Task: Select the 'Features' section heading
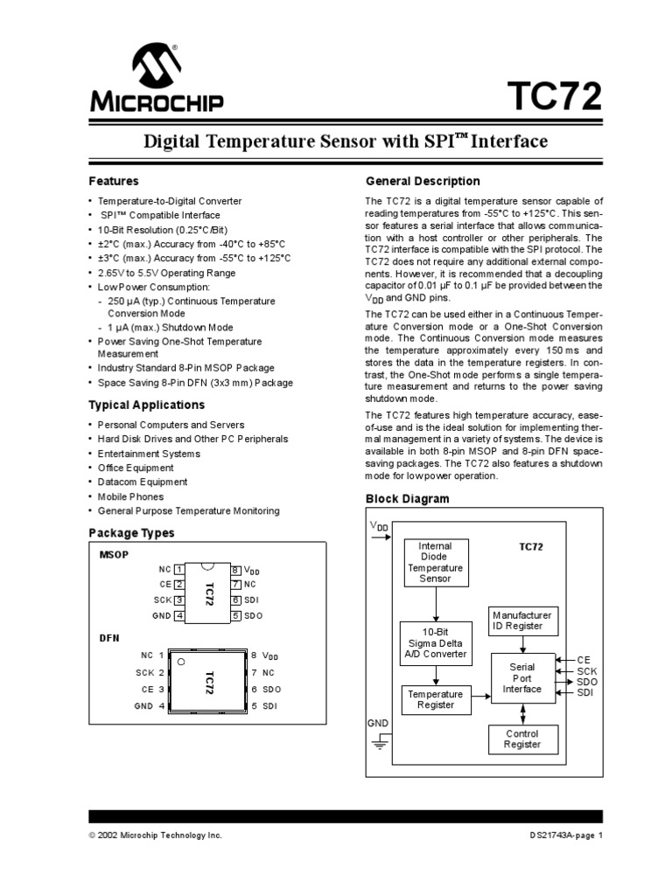pos(114,181)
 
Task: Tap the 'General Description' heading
pos(422,181)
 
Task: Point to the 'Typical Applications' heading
pos(146,405)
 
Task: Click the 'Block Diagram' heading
pos(406,499)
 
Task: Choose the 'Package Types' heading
pos(131,532)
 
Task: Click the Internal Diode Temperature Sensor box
pos(436,562)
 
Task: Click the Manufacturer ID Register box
pos(522,621)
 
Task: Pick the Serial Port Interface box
pos(521,677)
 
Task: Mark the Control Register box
pos(521,739)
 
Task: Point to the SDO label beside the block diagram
pos(587,682)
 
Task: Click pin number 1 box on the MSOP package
pos(179,569)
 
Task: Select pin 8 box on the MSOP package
pos(235,569)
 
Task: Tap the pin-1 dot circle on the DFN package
pos(180,662)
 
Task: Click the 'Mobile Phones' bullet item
pos(131,496)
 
